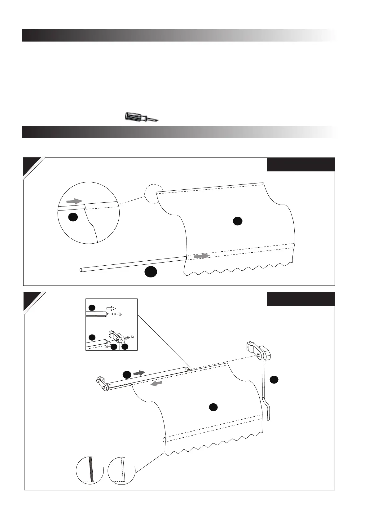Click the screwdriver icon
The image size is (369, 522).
(x=141, y=117)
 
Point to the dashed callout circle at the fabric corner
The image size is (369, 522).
(x=154, y=194)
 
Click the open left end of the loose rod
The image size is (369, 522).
(x=81, y=270)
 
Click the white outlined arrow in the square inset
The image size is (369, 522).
(x=111, y=308)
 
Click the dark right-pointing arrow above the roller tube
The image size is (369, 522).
(x=139, y=373)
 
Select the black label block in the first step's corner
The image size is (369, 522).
(x=301, y=165)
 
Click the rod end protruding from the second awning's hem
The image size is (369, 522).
(x=164, y=440)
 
